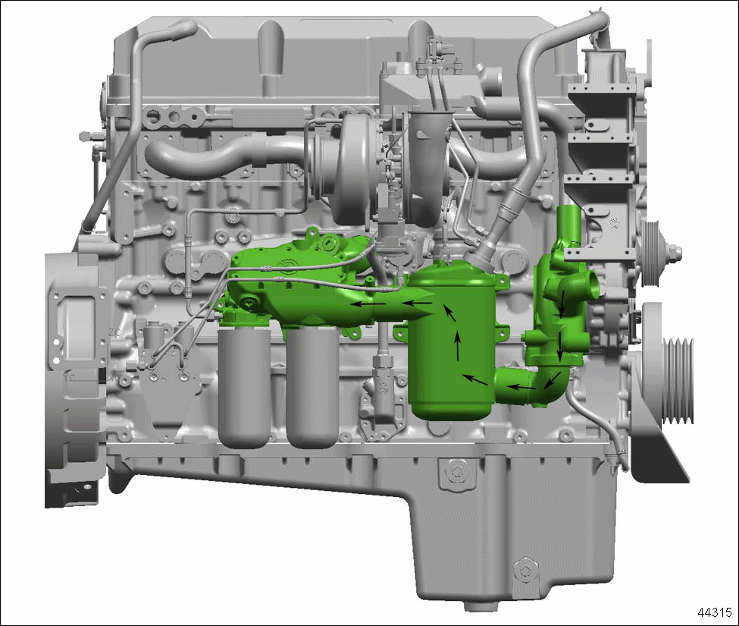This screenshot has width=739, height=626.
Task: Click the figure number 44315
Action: click(715, 612)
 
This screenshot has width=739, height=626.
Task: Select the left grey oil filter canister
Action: click(245, 388)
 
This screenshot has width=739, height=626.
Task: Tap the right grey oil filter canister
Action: click(312, 388)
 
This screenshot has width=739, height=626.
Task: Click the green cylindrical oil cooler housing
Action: click(452, 344)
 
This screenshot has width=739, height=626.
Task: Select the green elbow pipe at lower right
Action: click(533, 386)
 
